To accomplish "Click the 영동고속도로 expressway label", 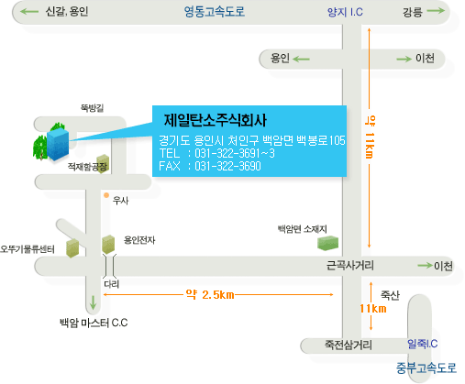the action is coord(215,12).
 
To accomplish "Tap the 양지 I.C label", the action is coord(345,12).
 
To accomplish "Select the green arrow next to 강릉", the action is coord(436,11).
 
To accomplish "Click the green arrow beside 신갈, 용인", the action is coord(29,12).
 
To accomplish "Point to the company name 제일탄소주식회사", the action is coord(216,120).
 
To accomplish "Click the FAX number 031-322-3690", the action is coord(227,166).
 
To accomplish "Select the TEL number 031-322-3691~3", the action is coord(235,153).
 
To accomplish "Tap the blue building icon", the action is coord(58,144).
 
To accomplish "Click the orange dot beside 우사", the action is coord(106,195).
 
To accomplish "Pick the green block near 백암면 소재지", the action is coord(327,243).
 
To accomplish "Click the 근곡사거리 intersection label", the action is coord(350,265).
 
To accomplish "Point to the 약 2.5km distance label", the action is coord(210,295).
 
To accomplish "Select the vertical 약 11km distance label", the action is coord(370,137).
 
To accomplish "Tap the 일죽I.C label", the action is coord(422,344).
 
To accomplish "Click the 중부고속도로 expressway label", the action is coord(426,368).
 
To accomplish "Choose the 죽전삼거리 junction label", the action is coord(349,346).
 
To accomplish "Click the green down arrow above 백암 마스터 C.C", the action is coord(94,302).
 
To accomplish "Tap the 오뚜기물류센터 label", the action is coord(28,249).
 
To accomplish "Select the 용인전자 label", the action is coord(139,240).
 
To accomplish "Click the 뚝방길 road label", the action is coord(92,108).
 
